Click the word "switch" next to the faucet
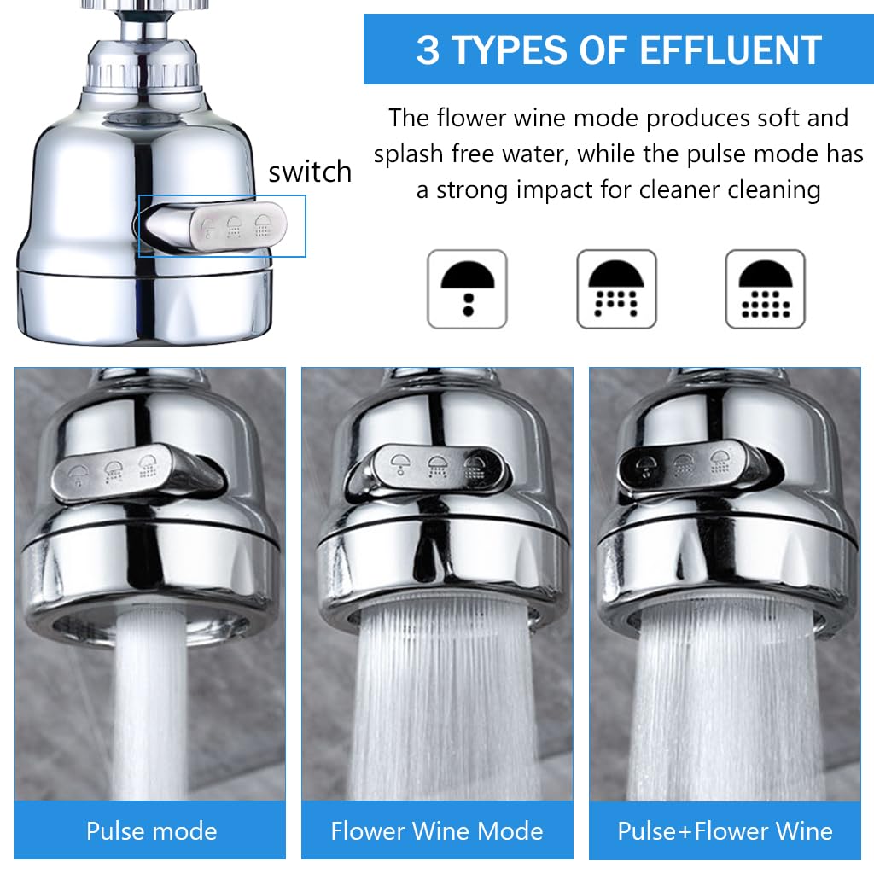310,172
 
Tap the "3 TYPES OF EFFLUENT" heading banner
619,50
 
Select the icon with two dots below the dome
467,288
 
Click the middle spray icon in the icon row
616,288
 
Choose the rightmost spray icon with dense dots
765,288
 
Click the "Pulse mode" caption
151,830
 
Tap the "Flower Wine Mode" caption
437,830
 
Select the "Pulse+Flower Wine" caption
725,830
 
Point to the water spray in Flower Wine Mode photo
444,700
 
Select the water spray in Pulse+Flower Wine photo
725,700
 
